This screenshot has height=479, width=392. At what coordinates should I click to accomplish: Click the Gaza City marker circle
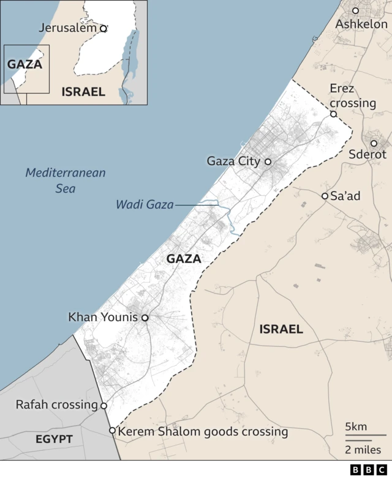tap(268, 162)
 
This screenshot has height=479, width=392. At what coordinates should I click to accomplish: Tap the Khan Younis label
tap(103, 317)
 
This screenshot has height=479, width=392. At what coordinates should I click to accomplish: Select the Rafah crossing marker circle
tap(104, 406)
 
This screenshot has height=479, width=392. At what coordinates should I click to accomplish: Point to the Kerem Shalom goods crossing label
tap(203, 432)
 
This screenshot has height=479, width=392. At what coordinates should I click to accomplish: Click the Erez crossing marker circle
tap(334, 114)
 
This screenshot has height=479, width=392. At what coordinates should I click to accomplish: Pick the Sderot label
tap(367, 155)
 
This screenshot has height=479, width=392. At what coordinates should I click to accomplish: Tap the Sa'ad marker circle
tap(325, 196)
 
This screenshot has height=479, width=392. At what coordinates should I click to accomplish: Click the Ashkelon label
tap(361, 24)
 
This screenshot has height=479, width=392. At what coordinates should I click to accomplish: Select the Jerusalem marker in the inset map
tap(104, 28)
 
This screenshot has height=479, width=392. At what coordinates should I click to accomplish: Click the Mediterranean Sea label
tap(65, 180)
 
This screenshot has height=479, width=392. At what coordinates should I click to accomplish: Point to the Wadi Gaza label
tap(145, 205)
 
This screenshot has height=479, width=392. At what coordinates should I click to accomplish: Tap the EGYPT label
tap(54, 439)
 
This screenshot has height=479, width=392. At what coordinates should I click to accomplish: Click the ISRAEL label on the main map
tap(281, 329)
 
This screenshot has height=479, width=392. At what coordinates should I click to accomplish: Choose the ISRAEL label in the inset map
tap(83, 92)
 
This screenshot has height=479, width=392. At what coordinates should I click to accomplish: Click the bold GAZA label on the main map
tap(184, 259)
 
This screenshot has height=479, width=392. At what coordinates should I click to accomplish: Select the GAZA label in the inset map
tap(24, 64)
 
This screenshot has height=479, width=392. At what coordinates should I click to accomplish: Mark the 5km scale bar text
tap(356, 426)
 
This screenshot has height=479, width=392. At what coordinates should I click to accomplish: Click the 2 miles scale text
tap(363, 450)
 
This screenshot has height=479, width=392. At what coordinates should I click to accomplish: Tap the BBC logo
tap(365, 470)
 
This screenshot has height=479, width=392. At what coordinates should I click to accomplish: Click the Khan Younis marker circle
tap(145, 317)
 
